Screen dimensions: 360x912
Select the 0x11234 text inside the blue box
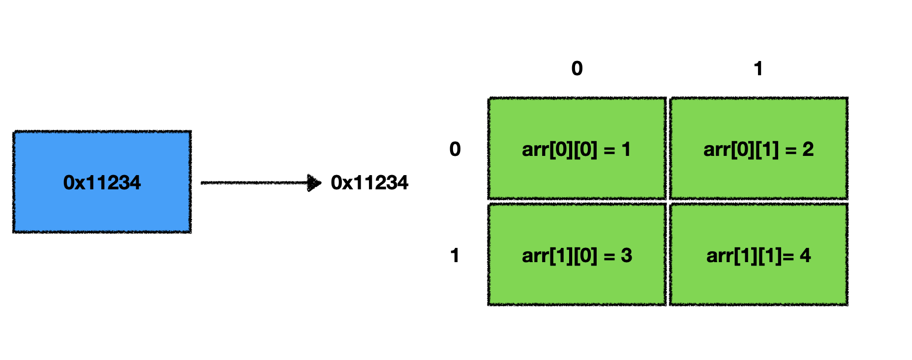(x=102, y=183)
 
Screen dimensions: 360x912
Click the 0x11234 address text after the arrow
(x=369, y=183)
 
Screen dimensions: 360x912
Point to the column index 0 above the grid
(x=577, y=68)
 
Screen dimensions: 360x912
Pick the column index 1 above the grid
(x=758, y=68)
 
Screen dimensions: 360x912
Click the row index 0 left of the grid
(x=455, y=149)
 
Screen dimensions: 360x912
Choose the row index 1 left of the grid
(x=455, y=255)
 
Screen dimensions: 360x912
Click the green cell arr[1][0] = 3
(x=577, y=280)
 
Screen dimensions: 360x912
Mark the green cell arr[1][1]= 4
(x=759, y=280)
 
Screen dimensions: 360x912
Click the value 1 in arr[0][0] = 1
(x=626, y=150)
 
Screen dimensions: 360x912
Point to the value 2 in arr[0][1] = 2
(x=808, y=150)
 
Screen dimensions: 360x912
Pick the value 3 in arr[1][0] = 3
(x=626, y=256)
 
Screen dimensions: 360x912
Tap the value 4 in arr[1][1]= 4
(x=805, y=256)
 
